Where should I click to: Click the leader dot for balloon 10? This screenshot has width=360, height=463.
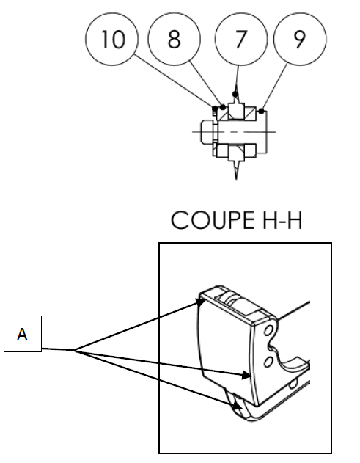pos(215,109)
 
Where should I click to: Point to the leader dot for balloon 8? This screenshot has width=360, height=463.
pos(223,107)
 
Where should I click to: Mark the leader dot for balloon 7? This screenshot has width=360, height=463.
pos(235,94)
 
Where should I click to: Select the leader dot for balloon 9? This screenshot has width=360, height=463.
pos(262,112)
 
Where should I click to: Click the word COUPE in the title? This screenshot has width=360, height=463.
pos(213,220)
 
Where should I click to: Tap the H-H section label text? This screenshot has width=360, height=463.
pos(282,220)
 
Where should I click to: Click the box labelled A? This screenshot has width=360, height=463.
pos(23,334)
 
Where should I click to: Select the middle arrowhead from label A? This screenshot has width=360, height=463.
pos(246,375)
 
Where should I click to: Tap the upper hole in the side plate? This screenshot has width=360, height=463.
pos(268,330)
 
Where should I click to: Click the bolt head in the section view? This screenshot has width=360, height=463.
pos(207,131)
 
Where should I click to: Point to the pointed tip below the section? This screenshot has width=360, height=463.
pos(236,179)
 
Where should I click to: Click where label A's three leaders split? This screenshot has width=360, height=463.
pos(74,351)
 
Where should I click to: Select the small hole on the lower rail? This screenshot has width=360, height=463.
pos(293,384)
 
